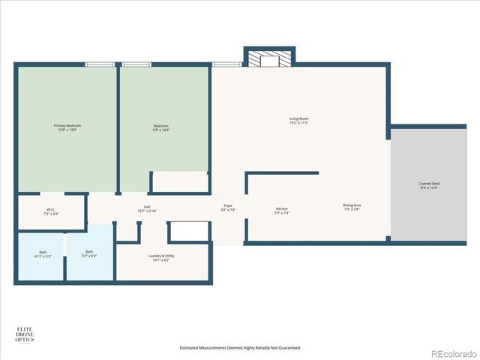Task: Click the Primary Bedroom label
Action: (67, 125)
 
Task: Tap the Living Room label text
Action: (299, 118)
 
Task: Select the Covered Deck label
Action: (429, 184)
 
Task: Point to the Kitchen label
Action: (282, 208)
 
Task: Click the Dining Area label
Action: (352, 205)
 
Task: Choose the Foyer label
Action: (228, 205)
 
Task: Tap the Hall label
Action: (147, 208)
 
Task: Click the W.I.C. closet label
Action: (51, 210)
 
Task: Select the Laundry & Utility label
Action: (161, 256)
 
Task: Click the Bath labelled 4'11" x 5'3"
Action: (43, 252)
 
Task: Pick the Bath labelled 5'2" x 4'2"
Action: (89, 252)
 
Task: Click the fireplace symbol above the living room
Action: (268, 59)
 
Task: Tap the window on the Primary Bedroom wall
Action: (99, 64)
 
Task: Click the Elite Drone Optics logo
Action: (25, 334)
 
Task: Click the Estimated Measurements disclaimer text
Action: (240, 348)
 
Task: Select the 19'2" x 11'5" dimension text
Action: (299, 123)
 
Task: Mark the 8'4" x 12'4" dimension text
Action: (429, 188)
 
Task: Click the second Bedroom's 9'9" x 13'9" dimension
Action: (161, 130)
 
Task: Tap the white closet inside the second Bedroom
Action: (180, 181)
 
